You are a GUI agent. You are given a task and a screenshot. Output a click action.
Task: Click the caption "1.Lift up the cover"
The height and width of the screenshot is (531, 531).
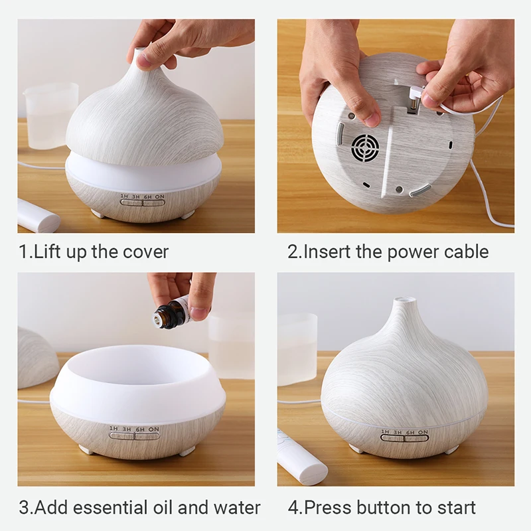pos(94,252)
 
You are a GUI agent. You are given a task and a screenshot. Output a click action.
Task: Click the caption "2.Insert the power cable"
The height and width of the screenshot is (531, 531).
pos(388,252)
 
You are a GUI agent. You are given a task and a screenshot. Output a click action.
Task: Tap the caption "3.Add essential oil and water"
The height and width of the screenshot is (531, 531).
pos(139,508)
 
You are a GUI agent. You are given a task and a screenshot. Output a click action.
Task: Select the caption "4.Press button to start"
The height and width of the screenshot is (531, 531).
pos(382,508)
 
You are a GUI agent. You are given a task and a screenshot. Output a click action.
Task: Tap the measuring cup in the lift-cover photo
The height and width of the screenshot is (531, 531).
pos(51,113)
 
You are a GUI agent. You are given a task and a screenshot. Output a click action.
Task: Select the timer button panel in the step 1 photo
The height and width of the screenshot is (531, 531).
pos(143,200)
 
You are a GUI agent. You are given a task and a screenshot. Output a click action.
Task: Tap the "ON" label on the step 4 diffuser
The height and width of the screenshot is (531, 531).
pos(423,433)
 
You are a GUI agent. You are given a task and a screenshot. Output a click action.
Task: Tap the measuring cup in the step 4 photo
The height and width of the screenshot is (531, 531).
pos(297,348)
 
